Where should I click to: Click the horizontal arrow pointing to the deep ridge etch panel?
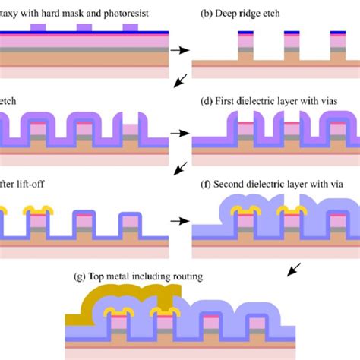(x=176, y=51)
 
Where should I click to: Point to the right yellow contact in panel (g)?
(x=165, y=312)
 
